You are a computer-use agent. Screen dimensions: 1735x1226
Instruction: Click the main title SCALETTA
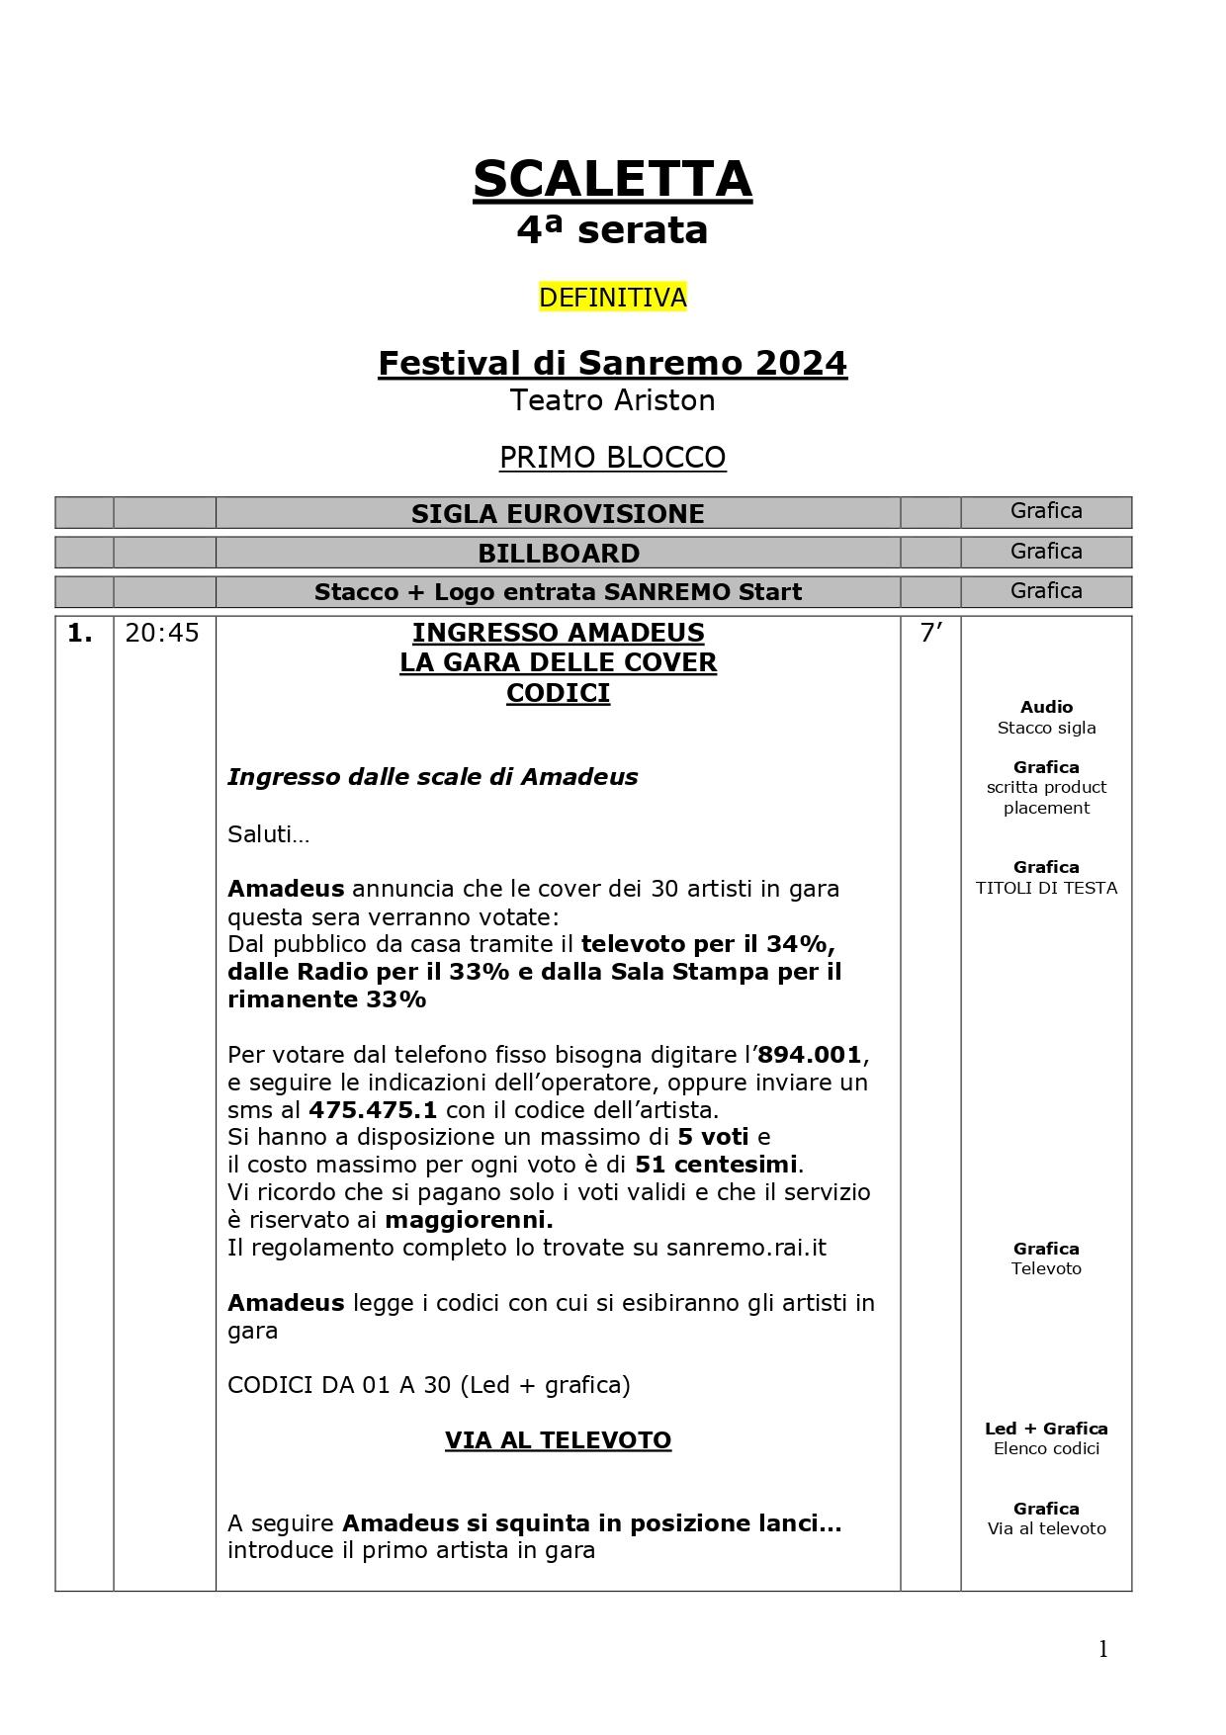pos(612,180)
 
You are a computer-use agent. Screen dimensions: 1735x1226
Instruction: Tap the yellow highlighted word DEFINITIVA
pos(612,298)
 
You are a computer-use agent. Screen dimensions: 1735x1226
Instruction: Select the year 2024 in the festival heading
pos(801,363)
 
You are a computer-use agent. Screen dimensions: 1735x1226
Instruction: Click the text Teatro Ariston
pos(612,400)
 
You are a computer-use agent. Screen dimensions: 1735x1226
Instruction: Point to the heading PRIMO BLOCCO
pos(612,458)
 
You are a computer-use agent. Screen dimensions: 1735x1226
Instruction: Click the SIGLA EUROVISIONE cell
pos(558,514)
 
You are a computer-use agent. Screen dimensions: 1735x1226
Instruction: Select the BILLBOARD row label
pos(558,554)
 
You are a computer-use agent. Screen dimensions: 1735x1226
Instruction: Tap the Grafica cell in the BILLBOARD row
pos(1046,552)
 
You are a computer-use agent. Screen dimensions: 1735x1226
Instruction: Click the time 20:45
pos(162,634)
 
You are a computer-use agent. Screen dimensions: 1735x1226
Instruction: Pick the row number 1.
pos(80,634)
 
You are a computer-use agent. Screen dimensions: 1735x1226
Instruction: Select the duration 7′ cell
pos(930,634)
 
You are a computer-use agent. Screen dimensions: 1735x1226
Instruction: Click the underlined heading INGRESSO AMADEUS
pos(558,633)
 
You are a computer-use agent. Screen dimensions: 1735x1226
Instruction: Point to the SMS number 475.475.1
pos(373,1109)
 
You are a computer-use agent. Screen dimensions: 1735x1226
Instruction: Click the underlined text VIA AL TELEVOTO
pos(558,1440)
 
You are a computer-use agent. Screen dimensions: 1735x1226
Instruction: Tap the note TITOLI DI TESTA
pos(1046,888)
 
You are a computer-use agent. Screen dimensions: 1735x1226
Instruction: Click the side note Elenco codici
pos(1046,1449)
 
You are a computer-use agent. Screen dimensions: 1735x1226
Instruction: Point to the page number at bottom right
pos(1103,1649)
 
